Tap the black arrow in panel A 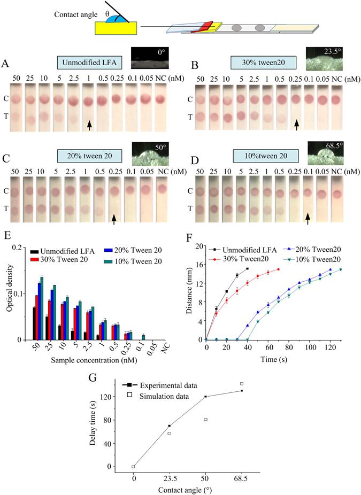pyautogui.click(x=90, y=124)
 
